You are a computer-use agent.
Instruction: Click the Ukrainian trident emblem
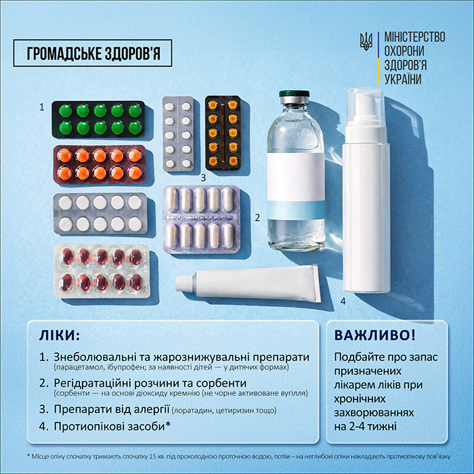366,41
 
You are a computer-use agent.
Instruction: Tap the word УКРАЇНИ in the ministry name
403,79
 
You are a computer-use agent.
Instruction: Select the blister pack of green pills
98,119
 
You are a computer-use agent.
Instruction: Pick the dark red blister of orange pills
100,165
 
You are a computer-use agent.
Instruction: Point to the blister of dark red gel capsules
102,271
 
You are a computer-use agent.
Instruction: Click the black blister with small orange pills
223,133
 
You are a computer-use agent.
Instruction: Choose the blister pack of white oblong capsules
202,219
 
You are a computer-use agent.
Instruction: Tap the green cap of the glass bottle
294,93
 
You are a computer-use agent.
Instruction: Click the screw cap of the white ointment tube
184,282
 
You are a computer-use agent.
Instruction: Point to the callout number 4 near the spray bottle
343,301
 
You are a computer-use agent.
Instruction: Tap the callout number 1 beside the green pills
42,107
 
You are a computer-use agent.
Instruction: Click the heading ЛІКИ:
60,336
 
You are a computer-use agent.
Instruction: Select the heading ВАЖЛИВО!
375,335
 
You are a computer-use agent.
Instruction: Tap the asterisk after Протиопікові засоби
168,425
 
